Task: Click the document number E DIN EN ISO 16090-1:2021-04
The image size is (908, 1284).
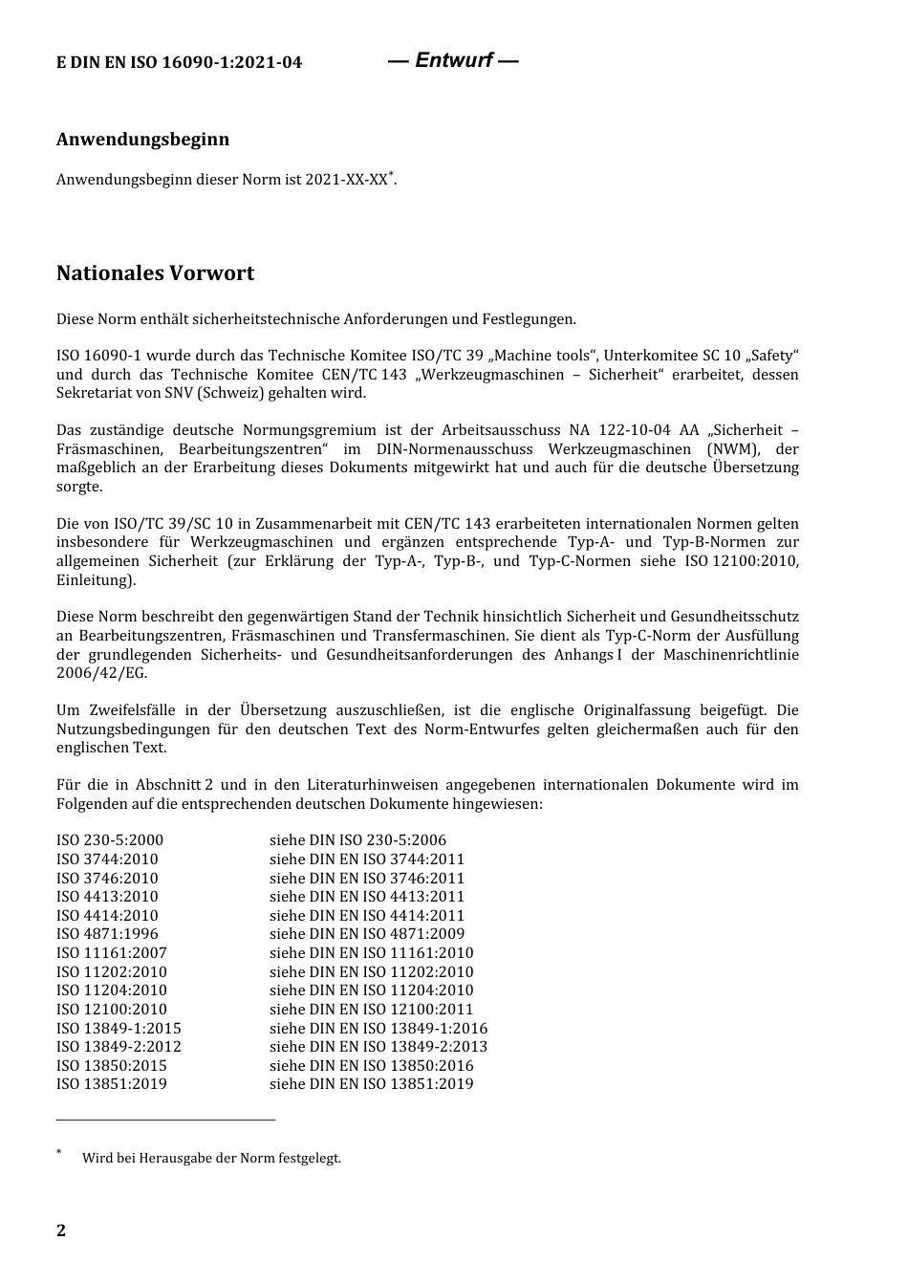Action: tap(179, 63)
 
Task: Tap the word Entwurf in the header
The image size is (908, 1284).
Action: tap(454, 60)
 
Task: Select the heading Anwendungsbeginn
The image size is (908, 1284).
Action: tap(142, 140)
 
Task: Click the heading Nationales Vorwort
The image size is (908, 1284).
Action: tap(155, 273)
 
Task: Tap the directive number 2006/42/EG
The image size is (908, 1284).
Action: tap(100, 673)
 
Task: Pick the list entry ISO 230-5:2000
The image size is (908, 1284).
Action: tap(110, 840)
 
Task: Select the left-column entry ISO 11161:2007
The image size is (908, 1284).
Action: tap(112, 953)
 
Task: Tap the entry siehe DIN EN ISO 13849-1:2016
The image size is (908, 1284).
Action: tap(378, 1029)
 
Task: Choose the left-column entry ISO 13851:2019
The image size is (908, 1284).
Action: tap(112, 1084)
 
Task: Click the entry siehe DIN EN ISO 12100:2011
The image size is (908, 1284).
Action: tap(371, 1010)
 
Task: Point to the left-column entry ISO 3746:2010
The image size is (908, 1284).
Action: tap(107, 879)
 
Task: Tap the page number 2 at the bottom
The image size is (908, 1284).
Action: tap(61, 1230)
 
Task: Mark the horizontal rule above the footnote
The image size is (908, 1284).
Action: tap(165, 1119)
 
